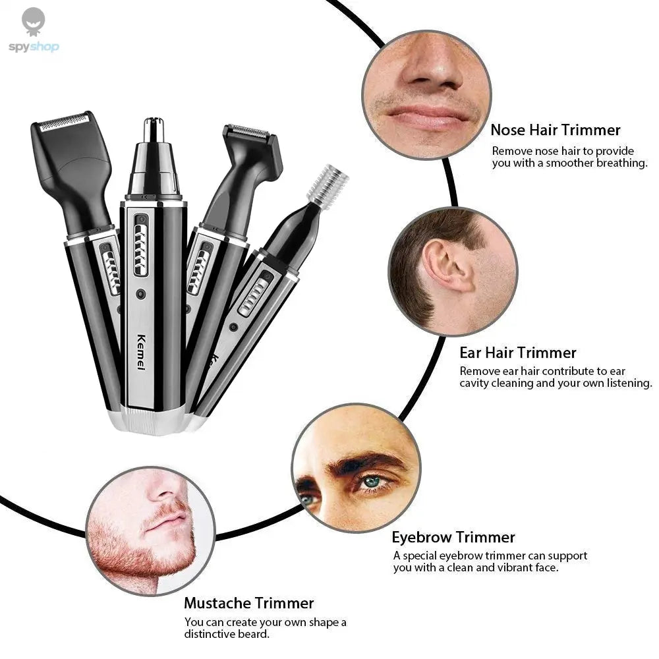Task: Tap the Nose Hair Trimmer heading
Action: point(555,130)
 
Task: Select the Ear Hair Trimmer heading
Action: point(518,353)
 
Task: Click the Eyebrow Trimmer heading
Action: point(453,537)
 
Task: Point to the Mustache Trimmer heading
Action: point(248,602)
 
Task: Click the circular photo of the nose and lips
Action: point(426,94)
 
